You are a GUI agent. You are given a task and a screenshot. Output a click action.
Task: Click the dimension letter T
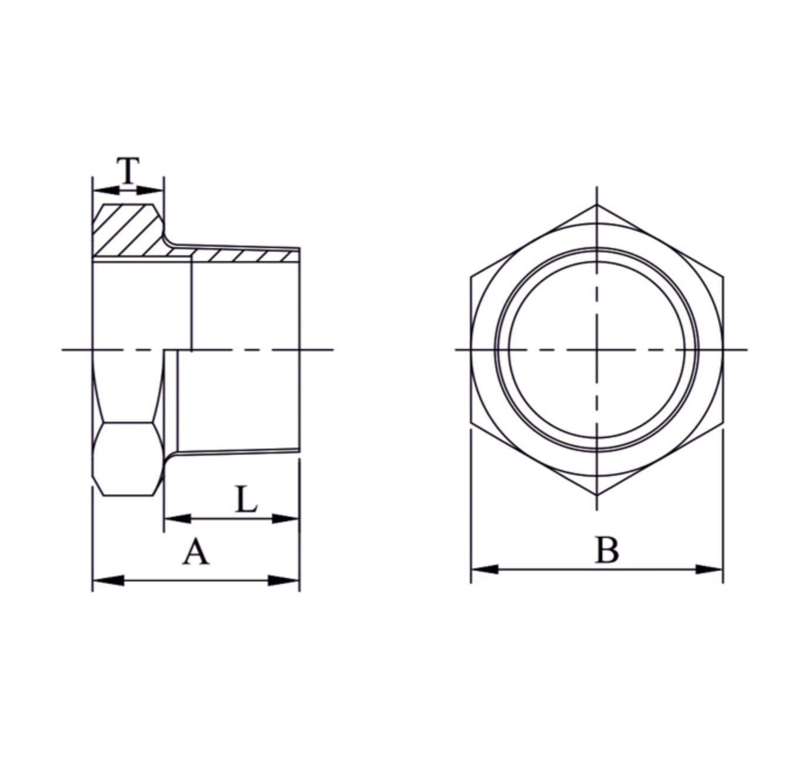pos(128,170)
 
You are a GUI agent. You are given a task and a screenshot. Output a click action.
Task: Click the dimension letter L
pos(246,500)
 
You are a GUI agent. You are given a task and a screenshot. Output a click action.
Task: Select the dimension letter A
pos(195,553)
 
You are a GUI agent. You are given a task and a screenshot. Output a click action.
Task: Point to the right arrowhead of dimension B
pos(709,569)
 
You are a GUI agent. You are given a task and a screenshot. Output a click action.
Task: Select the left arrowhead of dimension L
pos(178,519)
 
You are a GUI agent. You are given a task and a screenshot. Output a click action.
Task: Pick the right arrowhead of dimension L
pos(286,519)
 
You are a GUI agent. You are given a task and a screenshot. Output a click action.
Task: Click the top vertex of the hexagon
pos(597,205)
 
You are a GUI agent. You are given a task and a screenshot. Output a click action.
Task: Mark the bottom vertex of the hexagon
pos(597,495)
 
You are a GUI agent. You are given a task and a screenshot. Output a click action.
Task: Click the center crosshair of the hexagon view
pos(597,350)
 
